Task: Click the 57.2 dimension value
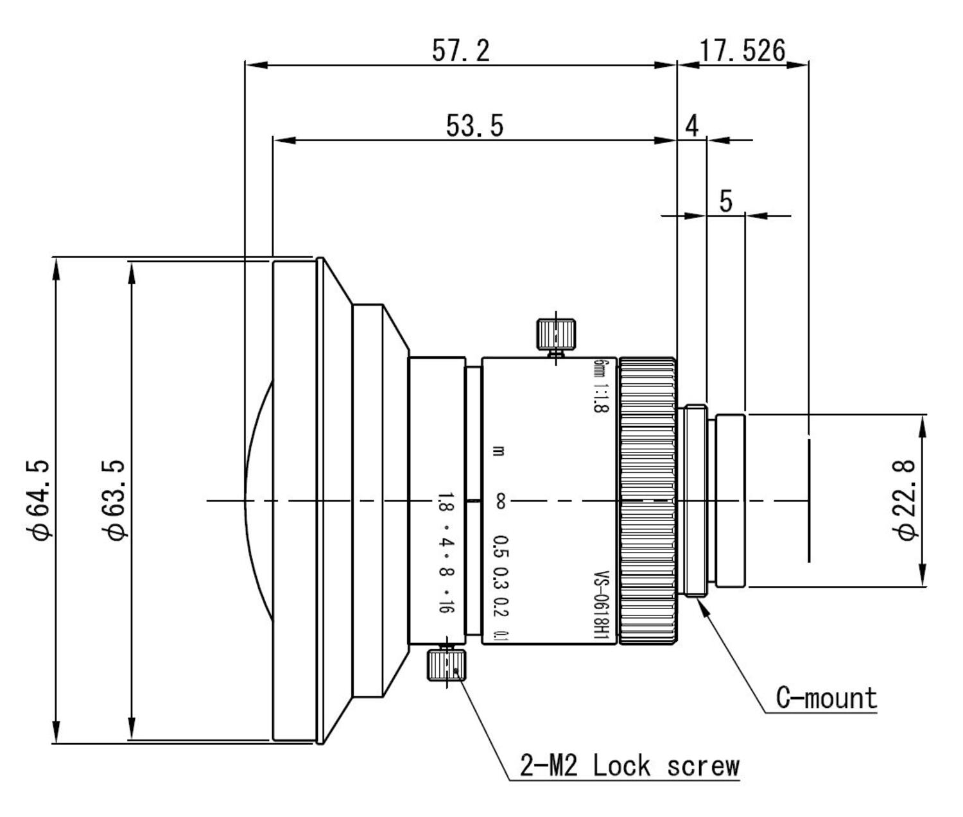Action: tap(460, 50)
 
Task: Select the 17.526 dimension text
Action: tap(742, 50)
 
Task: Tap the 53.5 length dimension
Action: tap(474, 126)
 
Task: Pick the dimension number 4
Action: tap(691, 126)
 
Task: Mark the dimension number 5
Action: tap(725, 201)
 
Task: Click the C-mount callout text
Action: tap(826, 698)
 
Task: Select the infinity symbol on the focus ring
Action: tap(499, 501)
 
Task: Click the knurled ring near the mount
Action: tap(647, 501)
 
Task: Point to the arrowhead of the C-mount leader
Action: tap(704, 605)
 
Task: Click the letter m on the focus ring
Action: tap(499, 451)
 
